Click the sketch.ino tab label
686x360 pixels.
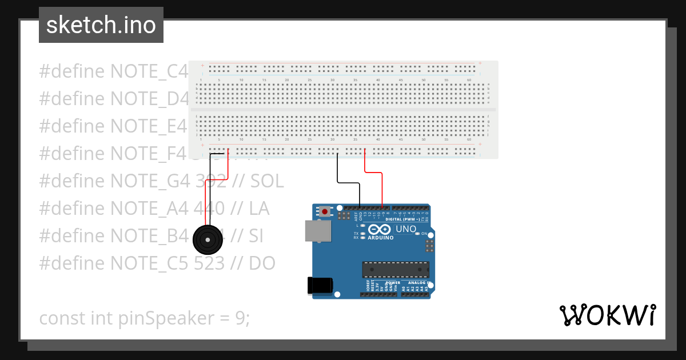pos(101,25)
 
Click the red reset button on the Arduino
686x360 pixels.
pos(325,211)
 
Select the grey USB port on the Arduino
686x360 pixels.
pos(317,231)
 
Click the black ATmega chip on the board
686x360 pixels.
pos(395,269)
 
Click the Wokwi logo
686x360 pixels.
pos(608,315)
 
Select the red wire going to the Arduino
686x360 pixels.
pos(373,172)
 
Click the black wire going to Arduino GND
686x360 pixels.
pos(348,183)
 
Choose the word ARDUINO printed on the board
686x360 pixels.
pos(381,237)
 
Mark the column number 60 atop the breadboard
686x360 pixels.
pos(469,79)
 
